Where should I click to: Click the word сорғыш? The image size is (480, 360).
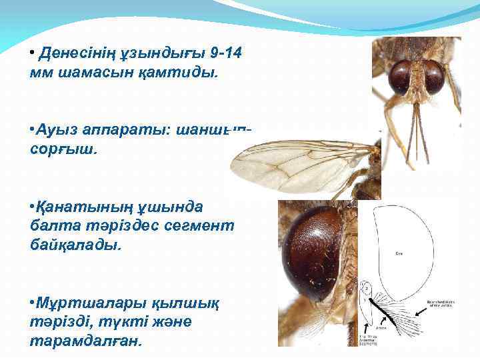point(67,149)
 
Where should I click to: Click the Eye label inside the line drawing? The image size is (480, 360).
point(397,253)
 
